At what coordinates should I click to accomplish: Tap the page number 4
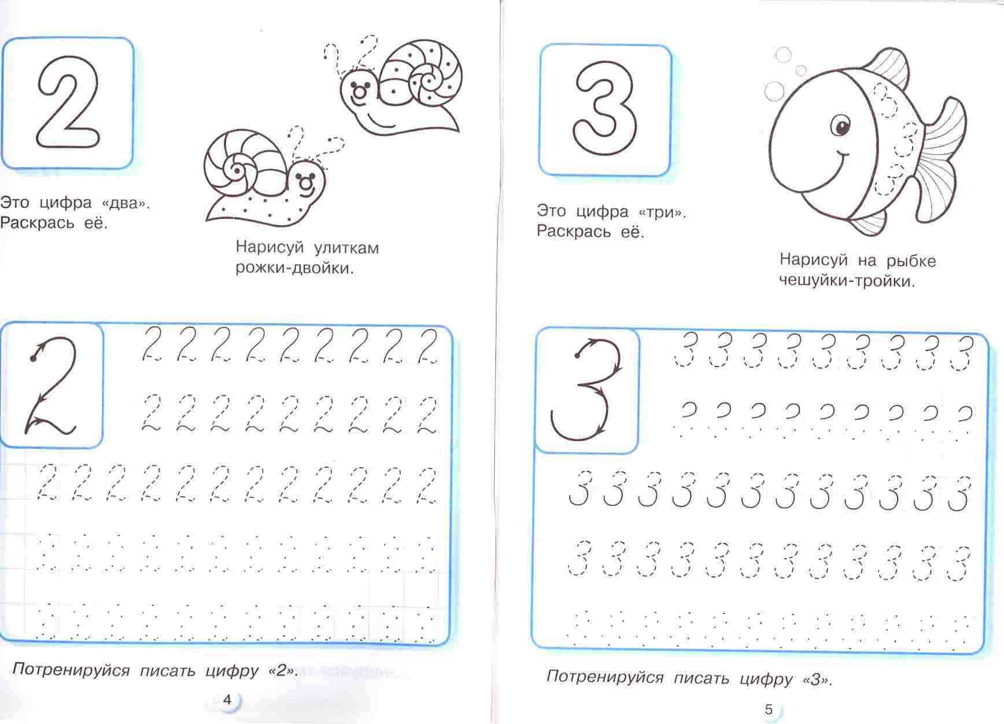click(x=227, y=700)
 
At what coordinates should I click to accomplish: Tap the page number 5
click(x=768, y=710)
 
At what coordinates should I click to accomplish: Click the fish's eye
click(x=840, y=125)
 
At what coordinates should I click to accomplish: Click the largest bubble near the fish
click(x=774, y=91)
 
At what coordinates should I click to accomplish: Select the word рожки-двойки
click(x=294, y=268)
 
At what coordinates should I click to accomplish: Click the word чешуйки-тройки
click(x=847, y=282)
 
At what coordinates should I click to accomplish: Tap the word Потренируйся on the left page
click(x=71, y=671)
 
